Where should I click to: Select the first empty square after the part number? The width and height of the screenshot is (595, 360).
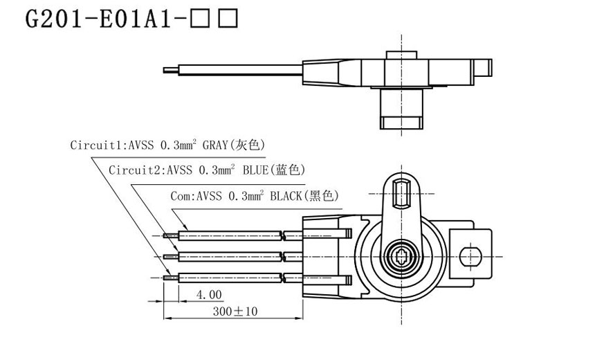pos(203,19)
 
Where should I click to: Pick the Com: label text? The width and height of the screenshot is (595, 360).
pos(183,196)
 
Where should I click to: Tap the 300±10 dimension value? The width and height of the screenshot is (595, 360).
pos(235,312)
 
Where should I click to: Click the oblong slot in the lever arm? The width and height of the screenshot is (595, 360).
pos(399,192)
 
